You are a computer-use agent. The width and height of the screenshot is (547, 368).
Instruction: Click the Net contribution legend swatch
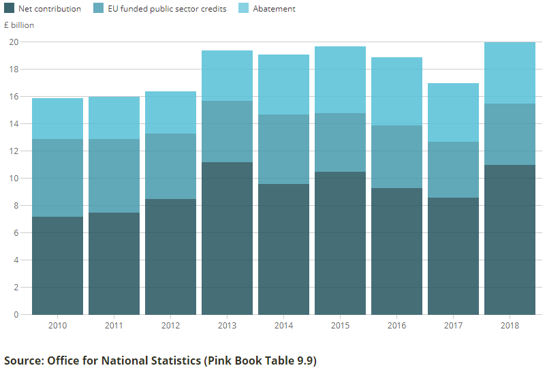[10, 9]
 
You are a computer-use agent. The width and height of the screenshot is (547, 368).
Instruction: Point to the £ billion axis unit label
[19, 25]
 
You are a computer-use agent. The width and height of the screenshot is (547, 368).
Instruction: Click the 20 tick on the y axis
[13, 42]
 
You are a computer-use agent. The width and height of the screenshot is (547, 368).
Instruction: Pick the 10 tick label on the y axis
[13, 178]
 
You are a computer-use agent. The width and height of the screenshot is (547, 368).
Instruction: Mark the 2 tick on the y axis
[15, 287]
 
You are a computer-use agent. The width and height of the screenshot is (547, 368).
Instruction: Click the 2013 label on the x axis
[227, 325]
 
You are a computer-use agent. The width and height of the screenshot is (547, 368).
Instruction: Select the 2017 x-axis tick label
[453, 325]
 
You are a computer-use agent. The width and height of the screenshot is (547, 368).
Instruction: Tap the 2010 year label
[57, 325]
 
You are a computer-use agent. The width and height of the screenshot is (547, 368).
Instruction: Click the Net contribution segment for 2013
[227, 239]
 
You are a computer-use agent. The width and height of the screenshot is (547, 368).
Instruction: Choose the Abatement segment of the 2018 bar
[510, 72]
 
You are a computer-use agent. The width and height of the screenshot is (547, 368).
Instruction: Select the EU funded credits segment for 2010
[57, 178]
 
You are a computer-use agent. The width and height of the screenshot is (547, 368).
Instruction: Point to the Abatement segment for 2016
[396, 91]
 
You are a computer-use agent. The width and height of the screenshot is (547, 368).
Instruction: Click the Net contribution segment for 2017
[453, 256]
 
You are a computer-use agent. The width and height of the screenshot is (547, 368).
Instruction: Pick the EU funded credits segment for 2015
[340, 142]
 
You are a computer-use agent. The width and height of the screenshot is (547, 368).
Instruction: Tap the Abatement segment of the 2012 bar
[170, 112]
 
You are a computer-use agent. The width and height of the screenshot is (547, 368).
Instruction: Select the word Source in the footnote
[22, 360]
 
